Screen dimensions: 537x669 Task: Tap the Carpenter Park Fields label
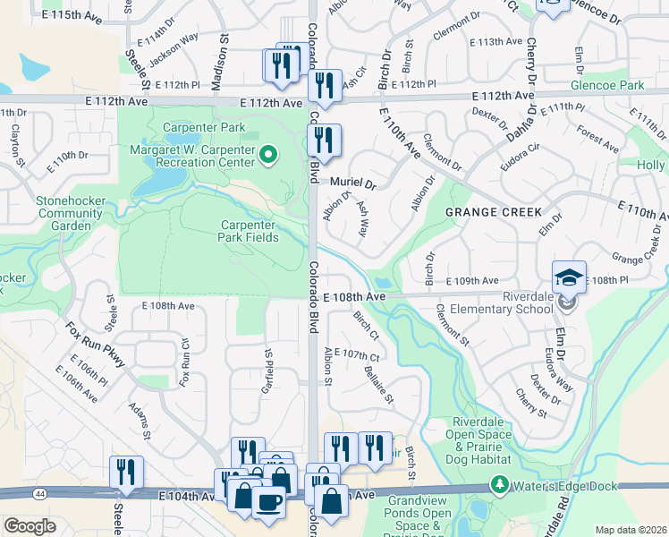point(253,231)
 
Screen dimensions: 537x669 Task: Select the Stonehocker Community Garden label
point(64,213)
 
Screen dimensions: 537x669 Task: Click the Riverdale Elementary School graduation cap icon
point(569,277)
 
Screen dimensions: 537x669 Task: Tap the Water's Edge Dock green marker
point(499,486)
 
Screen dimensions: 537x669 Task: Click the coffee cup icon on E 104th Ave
point(267,502)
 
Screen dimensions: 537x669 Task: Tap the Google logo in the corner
point(30,525)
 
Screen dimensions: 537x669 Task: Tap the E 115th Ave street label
point(71,15)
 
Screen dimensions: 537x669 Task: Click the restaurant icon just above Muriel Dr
point(324,140)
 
